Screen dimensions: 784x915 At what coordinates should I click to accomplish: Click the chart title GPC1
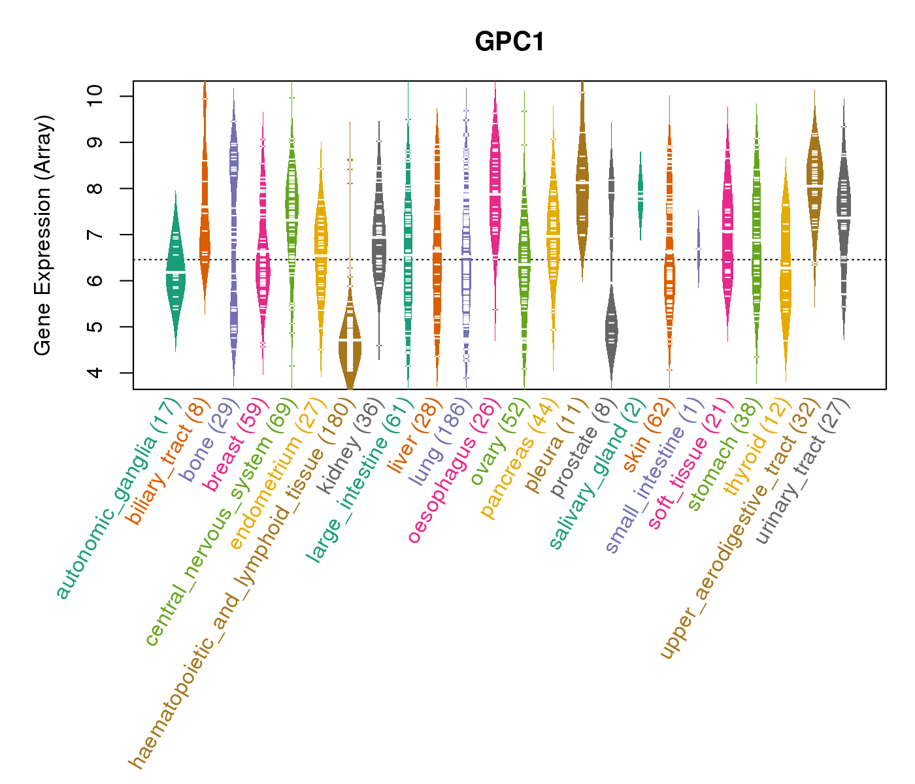pyautogui.click(x=510, y=42)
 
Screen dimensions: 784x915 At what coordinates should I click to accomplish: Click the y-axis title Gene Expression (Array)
pyautogui.click(x=43, y=235)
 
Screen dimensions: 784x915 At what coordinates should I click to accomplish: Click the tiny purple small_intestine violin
pyautogui.click(x=698, y=249)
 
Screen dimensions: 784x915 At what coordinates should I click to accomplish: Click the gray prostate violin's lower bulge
pyautogui.click(x=611, y=333)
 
